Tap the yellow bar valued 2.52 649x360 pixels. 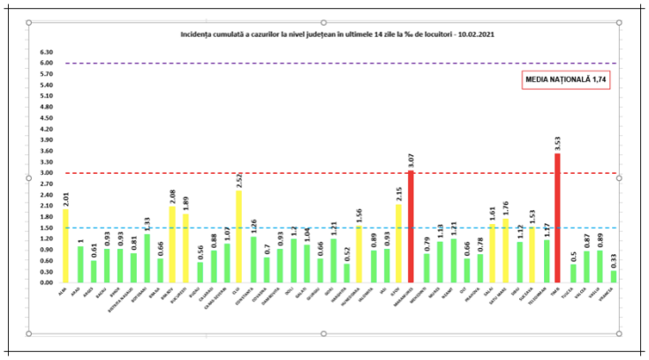[238, 236]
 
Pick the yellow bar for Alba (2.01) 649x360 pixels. [65, 246]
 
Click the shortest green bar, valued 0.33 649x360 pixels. [614, 276]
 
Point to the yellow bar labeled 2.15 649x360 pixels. [397, 244]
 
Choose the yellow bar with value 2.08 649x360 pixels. [172, 244]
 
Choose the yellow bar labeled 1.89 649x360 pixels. [185, 248]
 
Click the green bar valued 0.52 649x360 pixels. [346, 273]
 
